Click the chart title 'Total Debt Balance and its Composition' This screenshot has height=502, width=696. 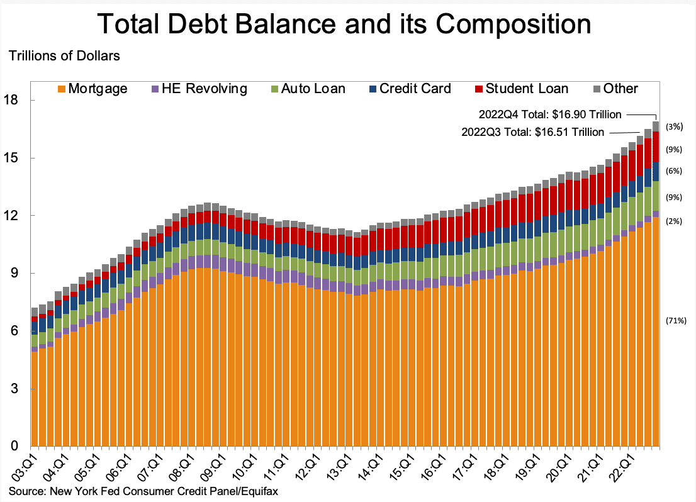[345, 25]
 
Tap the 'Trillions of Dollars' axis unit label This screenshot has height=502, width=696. [64, 55]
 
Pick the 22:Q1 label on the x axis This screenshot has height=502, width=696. [623, 466]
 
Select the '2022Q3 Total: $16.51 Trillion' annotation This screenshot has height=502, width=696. [532, 132]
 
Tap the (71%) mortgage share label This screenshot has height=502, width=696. [676, 321]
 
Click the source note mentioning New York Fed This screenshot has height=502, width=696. [143, 491]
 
